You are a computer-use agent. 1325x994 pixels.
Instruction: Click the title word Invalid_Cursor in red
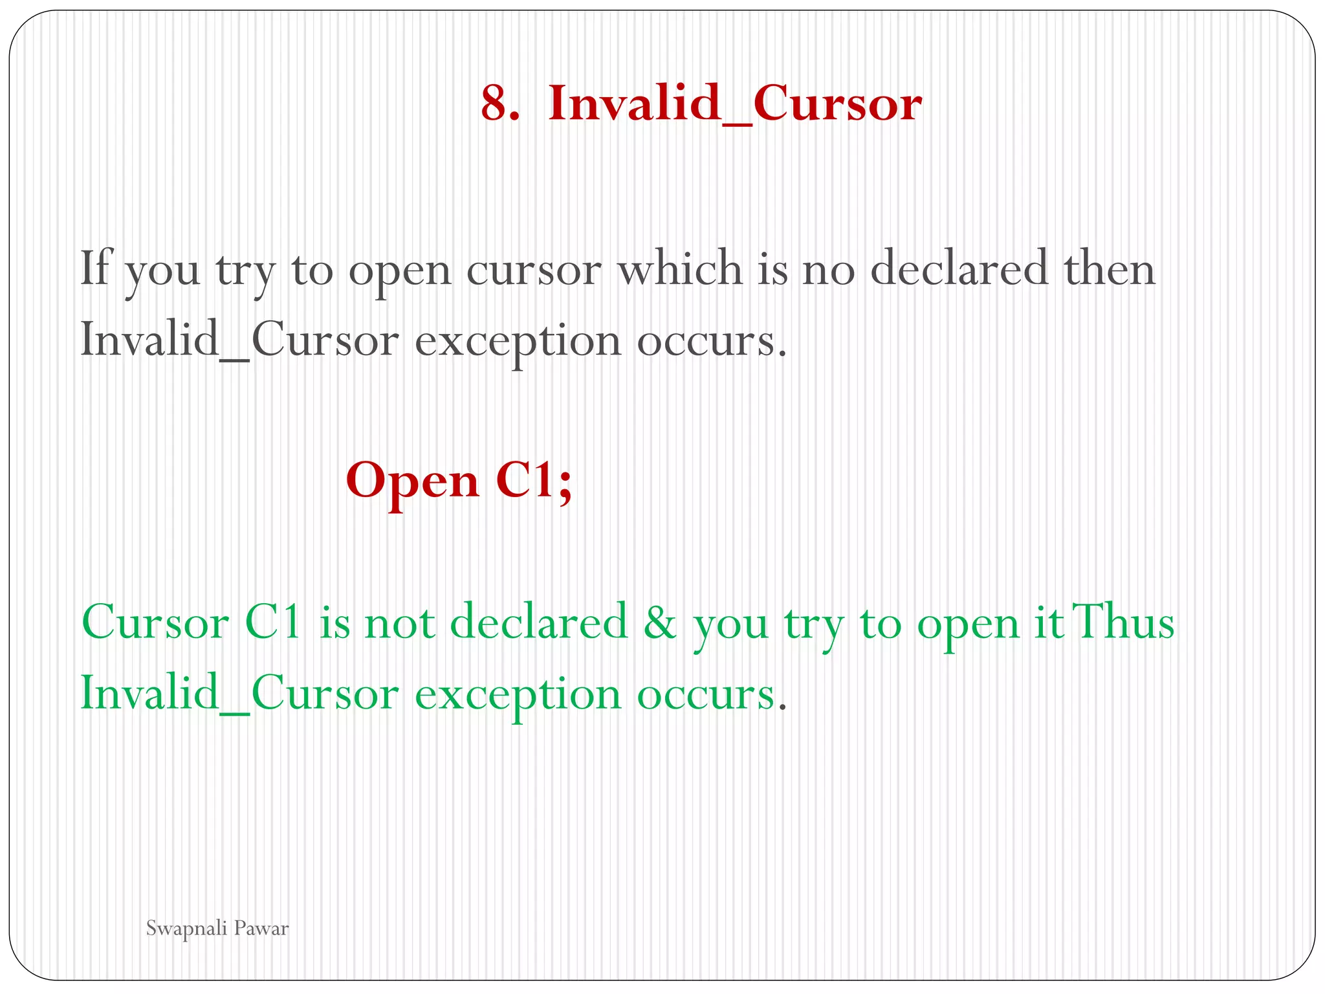point(734,104)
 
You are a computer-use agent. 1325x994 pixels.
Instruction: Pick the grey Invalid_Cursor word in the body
point(239,340)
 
